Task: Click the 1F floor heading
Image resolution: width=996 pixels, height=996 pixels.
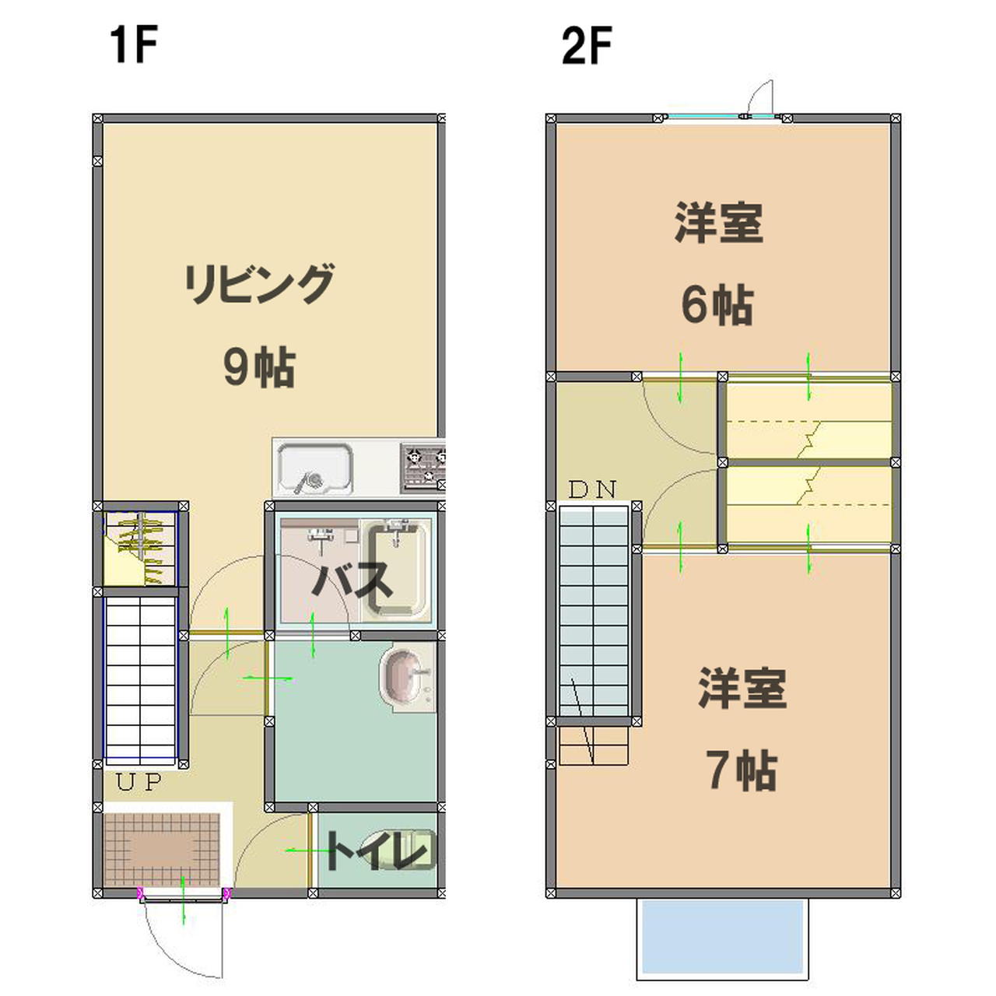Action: tap(133, 45)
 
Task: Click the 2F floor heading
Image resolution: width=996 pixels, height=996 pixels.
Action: tap(587, 45)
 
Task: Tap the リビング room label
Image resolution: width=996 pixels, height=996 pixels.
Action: tap(259, 284)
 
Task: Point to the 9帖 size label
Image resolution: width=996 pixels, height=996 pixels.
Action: tap(259, 367)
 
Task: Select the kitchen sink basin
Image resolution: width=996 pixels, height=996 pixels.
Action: tap(315, 468)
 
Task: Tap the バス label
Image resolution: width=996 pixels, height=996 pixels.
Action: tap(352, 580)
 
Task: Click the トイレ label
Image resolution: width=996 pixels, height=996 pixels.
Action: tap(377, 851)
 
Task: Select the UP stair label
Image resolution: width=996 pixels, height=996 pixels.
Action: tap(139, 782)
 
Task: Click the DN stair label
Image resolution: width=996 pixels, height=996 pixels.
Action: tap(592, 489)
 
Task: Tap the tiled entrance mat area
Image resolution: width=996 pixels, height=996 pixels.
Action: tap(162, 850)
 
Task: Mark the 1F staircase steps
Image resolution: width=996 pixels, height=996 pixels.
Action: tap(141, 680)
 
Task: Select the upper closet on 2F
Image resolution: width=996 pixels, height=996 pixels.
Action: tap(809, 420)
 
